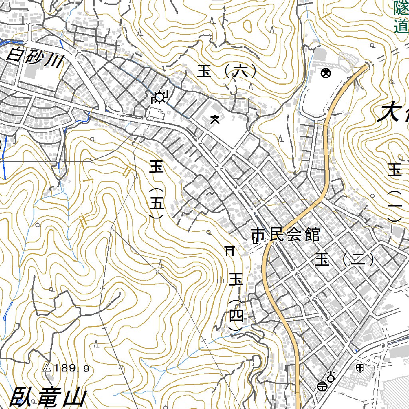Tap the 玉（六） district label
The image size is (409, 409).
(226, 72)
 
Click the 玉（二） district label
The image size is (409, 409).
(344, 260)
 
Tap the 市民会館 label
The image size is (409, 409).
(286, 235)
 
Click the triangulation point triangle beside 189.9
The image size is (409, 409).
(47, 368)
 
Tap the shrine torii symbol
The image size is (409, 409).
(229, 250)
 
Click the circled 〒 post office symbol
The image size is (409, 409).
(322, 386)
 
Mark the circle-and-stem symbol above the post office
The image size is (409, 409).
(331, 375)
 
